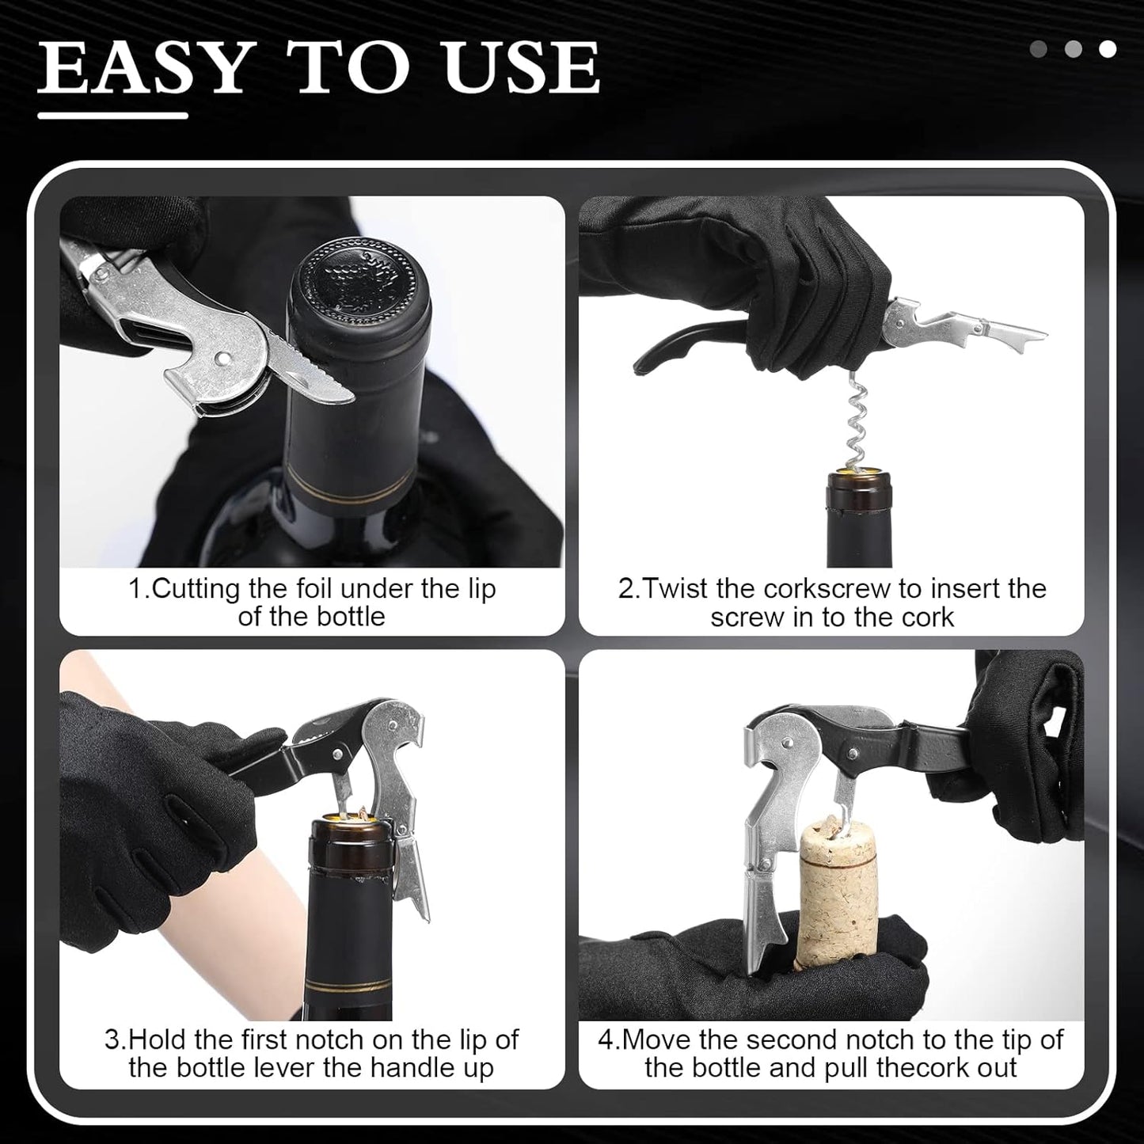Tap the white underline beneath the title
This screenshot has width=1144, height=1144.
coord(112,116)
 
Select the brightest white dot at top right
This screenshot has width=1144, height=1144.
coord(1108,49)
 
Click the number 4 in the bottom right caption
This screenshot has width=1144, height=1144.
coord(606,1039)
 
